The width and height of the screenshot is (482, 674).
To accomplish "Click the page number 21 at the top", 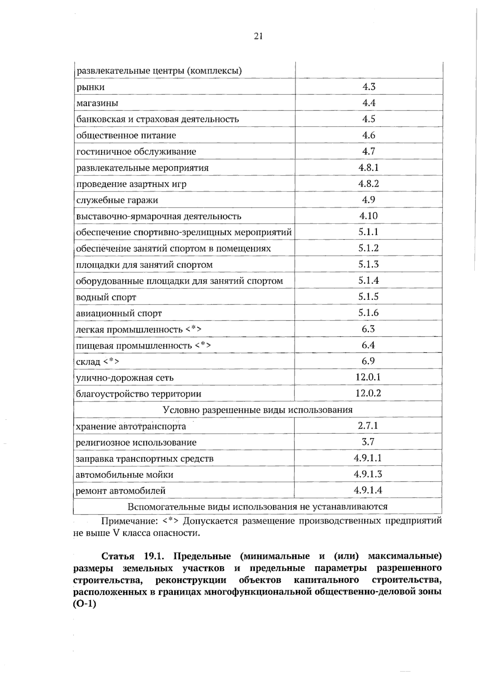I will pos(258,37).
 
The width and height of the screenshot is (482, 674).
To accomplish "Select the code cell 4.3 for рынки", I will pos(368,87).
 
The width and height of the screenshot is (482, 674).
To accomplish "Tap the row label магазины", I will pos(97,103).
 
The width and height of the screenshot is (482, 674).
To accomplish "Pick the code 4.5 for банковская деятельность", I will pos(368,119).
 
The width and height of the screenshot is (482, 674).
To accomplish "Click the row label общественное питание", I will pos(126,135).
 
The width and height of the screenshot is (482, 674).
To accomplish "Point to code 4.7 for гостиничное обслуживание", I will pos(368,151).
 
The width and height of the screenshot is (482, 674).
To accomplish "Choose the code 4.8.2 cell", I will pos(368,184).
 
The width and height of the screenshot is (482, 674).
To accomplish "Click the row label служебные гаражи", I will pos(117,200).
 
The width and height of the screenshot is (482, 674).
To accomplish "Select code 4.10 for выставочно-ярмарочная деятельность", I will pos(368,216).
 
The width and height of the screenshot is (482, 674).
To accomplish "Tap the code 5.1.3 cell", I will pos(368,264).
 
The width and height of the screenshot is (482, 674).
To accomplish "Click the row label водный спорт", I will pos(106,297).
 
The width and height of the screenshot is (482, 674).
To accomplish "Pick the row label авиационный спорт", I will pos(119,313).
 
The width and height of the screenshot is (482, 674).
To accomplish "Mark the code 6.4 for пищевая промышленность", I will pos(368,345).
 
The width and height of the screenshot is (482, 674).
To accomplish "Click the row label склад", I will pos(88,362).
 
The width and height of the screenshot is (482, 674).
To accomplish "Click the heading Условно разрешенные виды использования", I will pos(257,410).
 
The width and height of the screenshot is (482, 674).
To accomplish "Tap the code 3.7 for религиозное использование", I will pos(368,442).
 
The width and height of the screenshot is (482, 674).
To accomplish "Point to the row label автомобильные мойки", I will pos(125,475).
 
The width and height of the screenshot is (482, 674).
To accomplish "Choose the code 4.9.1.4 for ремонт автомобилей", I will pos(368,490).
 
